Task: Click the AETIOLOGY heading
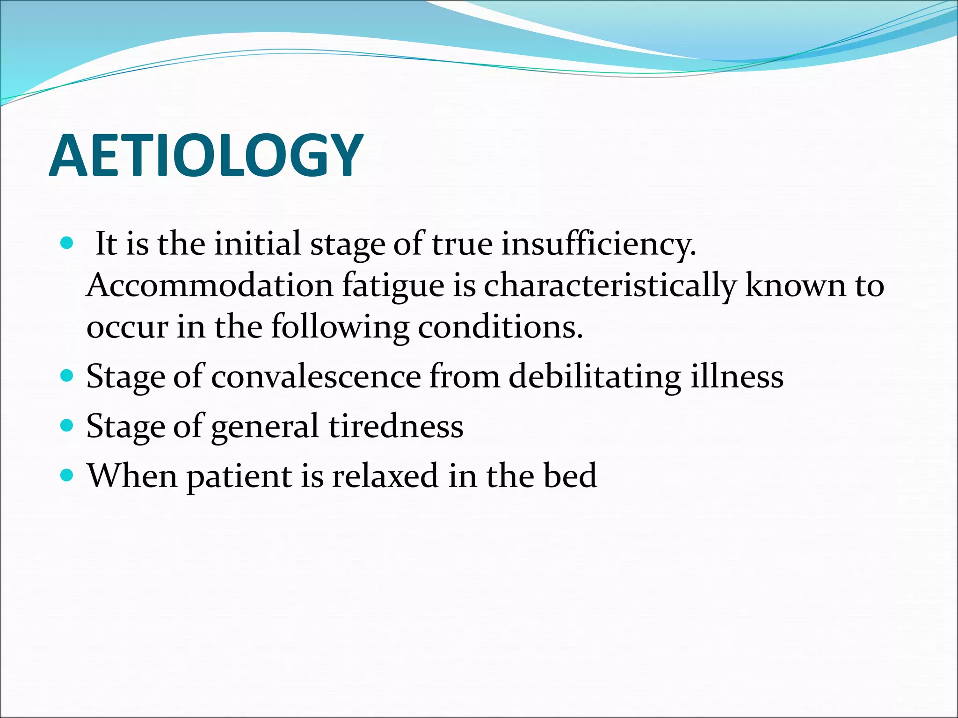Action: (x=206, y=156)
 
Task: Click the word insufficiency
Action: (x=598, y=244)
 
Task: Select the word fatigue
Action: (x=393, y=285)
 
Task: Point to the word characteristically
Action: (x=610, y=285)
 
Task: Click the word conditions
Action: (x=500, y=327)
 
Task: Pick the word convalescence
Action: (x=316, y=376)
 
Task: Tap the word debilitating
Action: (x=594, y=376)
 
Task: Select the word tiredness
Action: (x=396, y=426)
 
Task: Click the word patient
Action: (x=239, y=476)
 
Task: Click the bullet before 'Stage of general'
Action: (x=67, y=425)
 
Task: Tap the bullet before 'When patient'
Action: (x=67, y=475)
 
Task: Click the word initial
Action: (x=257, y=244)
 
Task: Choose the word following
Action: (x=340, y=327)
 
